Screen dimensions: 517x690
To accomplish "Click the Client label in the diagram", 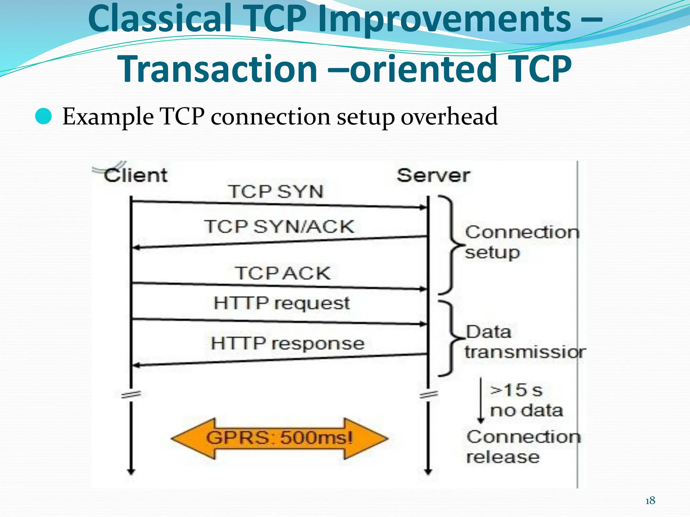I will click(135, 175).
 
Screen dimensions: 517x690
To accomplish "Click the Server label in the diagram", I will click(433, 175).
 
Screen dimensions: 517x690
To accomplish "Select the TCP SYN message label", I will click(276, 192).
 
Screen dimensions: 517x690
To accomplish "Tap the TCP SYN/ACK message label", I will click(279, 227).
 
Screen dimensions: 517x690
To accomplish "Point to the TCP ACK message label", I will click(283, 273).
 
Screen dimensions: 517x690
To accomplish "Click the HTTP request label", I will click(282, 303).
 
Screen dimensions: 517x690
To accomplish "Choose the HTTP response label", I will click(287, 344).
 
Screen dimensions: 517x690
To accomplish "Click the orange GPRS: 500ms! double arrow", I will click(279, 438).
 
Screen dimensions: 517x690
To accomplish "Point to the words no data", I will click(526, 411).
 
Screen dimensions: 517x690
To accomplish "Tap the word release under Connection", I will click(503, 457).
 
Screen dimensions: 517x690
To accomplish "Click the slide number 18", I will click(650, 501).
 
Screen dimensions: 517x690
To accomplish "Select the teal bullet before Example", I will click(43, 117).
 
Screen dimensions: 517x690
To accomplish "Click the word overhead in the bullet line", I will click(449, 116).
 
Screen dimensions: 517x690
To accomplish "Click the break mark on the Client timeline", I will click(131, 394).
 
